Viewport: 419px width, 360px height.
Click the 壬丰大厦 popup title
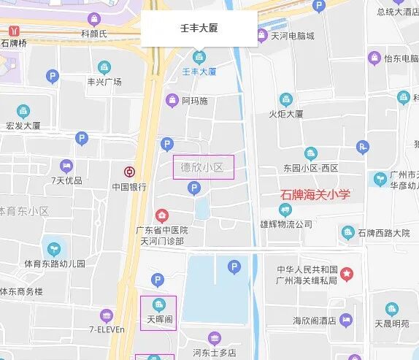pos(199,29)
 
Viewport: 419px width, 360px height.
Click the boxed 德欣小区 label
pos(203,168)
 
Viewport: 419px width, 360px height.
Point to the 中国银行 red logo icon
pos(129,172)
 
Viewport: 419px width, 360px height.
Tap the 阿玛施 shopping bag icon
pos(172,100)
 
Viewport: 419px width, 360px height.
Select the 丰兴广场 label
pos(104,82)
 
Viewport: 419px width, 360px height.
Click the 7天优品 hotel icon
pos(67,166)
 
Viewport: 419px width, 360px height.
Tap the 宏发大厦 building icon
pos(23,111)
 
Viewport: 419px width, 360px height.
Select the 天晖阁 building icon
pos(157,305)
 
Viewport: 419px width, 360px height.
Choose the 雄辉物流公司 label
pos(286,223)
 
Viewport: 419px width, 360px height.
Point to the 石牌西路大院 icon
pos(348,233)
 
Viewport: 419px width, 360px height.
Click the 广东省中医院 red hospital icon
pos(161,215)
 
